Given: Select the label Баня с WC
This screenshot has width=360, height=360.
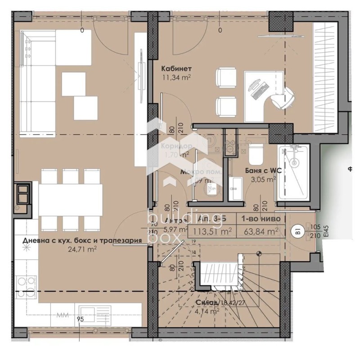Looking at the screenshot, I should [261, 171].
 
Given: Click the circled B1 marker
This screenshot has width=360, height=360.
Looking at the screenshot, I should [297, 232].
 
